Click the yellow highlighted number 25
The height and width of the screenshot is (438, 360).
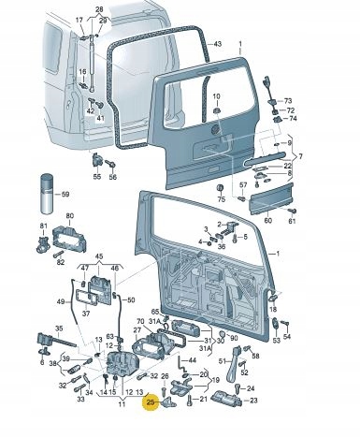pos(150,403)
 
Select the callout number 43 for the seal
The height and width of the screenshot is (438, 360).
pos(217,44)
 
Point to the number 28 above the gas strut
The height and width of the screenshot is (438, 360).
pos(99,7)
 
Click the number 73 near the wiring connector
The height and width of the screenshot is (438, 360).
pos(288,100)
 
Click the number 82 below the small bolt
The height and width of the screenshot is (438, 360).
pos(60,263)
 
